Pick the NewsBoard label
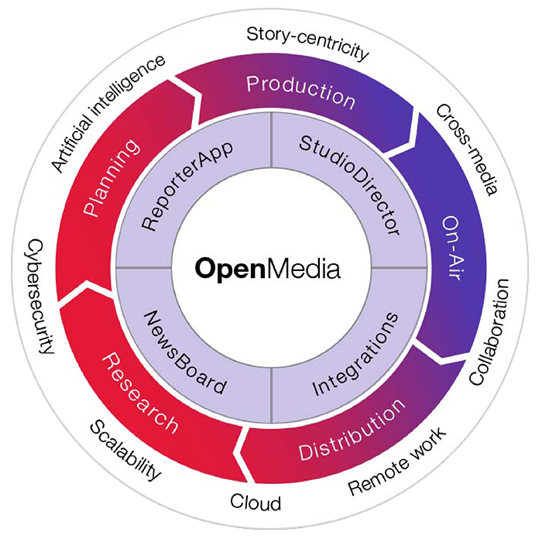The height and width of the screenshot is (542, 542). pyautogui.click(x=187, y=352)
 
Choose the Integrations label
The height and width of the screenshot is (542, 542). pyautogui.click(x=355, y=354)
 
